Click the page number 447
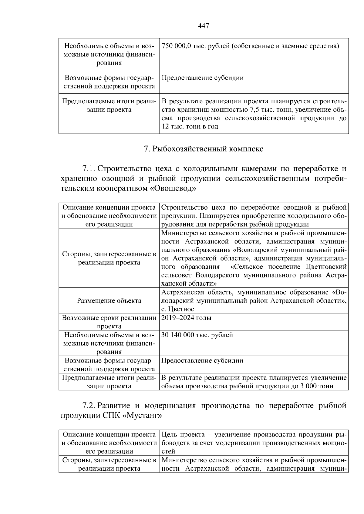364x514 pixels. pos(203,26)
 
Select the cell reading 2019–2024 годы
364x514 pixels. pos(186,318)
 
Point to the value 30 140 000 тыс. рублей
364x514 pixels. pos(197,335)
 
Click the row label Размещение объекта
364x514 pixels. pos(109,300)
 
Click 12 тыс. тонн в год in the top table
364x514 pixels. pos(190,127)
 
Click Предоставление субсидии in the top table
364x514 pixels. pos(202,78)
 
